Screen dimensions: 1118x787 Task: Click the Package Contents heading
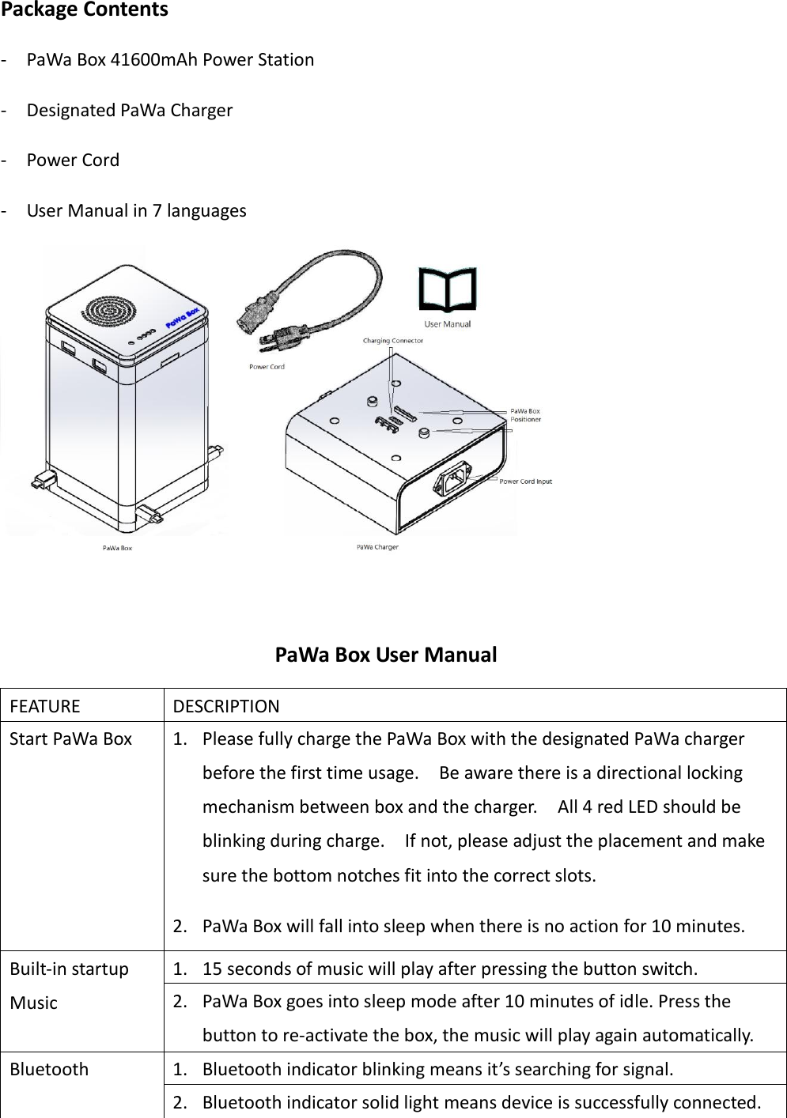coord(85,10)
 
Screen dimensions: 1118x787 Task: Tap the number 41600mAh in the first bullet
coord(156,60)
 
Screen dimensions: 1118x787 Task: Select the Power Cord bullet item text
coord(73,161)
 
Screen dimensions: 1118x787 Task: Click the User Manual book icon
coord(448,290)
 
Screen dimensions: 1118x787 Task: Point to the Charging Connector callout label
coord(393,341)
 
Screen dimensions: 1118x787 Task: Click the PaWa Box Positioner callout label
coord(525,415)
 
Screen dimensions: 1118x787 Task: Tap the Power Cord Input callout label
coord(526,481)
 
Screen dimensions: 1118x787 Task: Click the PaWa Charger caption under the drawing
coord(377,547)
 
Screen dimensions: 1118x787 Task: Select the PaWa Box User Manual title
coord(386,655)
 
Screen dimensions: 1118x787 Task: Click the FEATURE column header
coord(46,706)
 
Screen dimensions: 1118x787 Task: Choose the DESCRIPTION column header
coord(226,706)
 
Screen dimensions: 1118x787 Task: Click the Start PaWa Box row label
coord(71,739)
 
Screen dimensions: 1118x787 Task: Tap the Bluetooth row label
coord(49,1070)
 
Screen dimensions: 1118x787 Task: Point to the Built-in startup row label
coord(70,969)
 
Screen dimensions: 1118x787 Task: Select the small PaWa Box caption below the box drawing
coord(117,547)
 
